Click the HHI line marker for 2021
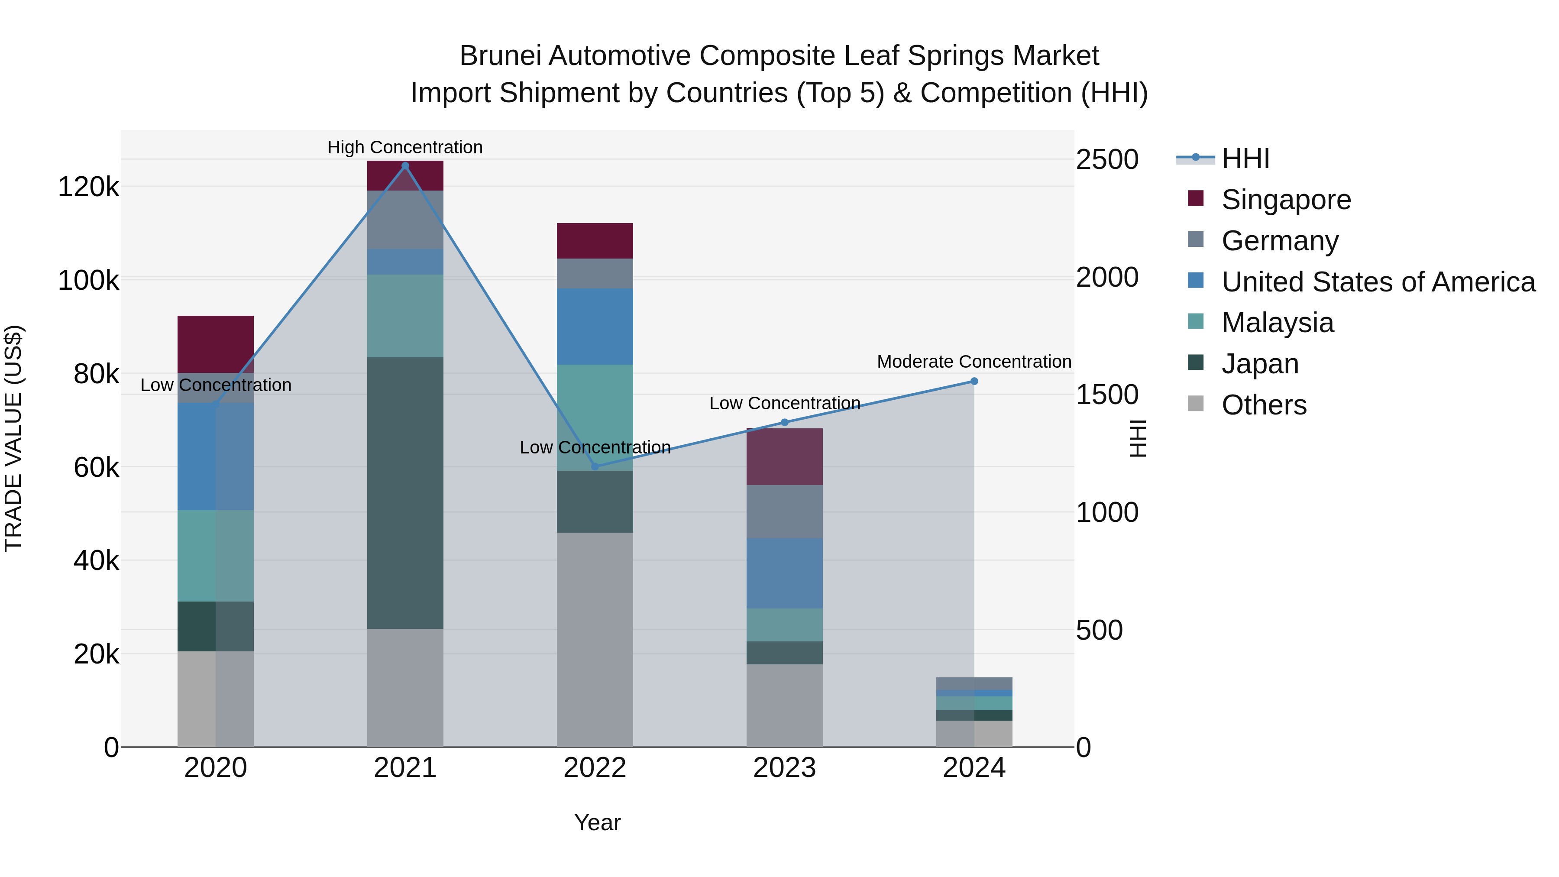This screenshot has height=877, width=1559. pyautogui.click(x=405, y=166)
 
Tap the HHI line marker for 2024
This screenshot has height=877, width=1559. pyautogui.click(x=974, y=381)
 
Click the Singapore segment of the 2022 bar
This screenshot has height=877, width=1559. pyautogui.click(x=595, y=241)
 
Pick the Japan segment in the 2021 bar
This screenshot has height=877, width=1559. pyautogui.click(x=405, y=493)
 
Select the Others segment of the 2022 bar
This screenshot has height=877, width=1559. pyautogui.click(x=595, y=639)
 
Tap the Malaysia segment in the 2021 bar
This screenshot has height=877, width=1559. pyautogui.click(x=405, y=316)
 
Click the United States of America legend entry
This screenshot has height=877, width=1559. pyautogui.click(x=1378, y=282)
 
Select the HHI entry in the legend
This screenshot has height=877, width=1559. pyautogui.click(x=1245, y=159)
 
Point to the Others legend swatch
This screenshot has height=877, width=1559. pyautogui.click(x=1196, y=404)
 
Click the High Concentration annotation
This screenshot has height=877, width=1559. pyautogui.click(x=405, y=147)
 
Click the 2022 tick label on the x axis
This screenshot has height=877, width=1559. pyautogui.click(x=595, y=768)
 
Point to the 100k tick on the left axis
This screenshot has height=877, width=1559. pyautogui.click(x=88, y=281)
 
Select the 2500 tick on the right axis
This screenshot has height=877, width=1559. pyautogui.click(x=1107, y=160)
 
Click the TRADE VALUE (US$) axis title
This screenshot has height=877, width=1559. pyautogui.click(x=13, y=438)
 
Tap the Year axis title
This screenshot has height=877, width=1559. pyautogui.click(x=597, y=822)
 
